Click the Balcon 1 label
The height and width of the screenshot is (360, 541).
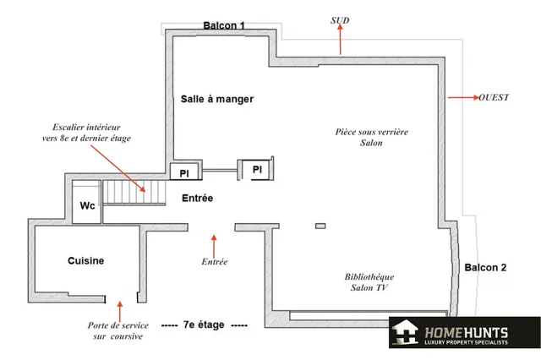tap(224, 25)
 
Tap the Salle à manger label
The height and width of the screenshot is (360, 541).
tap(217, 100)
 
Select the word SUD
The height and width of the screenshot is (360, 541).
tap(340, 20)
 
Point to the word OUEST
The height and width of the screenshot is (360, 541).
tap(494, 97)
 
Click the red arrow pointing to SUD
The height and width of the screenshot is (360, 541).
tap(340, 40)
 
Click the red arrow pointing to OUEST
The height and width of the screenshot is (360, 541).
tap(463, 97)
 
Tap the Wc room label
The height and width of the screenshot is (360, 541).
tap(87, 206)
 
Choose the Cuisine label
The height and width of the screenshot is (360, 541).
tap(86, 260)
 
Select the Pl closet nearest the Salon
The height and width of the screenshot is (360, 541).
tap(257, 169)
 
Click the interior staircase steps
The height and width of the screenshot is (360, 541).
tap(134, 192)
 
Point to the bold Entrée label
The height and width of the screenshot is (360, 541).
tap(197, 199)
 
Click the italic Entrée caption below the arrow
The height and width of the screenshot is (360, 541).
tap(215, 262)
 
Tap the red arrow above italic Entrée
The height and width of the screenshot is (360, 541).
tap(214, 246)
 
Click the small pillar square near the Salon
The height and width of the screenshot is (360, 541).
tap(320, 226)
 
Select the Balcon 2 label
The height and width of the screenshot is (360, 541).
tap(485, 268)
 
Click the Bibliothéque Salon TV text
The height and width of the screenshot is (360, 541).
tap(369, 282)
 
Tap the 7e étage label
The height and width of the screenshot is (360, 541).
tap(204, 325)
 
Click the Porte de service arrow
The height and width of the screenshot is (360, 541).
tap(120, 312)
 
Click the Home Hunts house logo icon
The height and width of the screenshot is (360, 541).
tap(406, 332)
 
